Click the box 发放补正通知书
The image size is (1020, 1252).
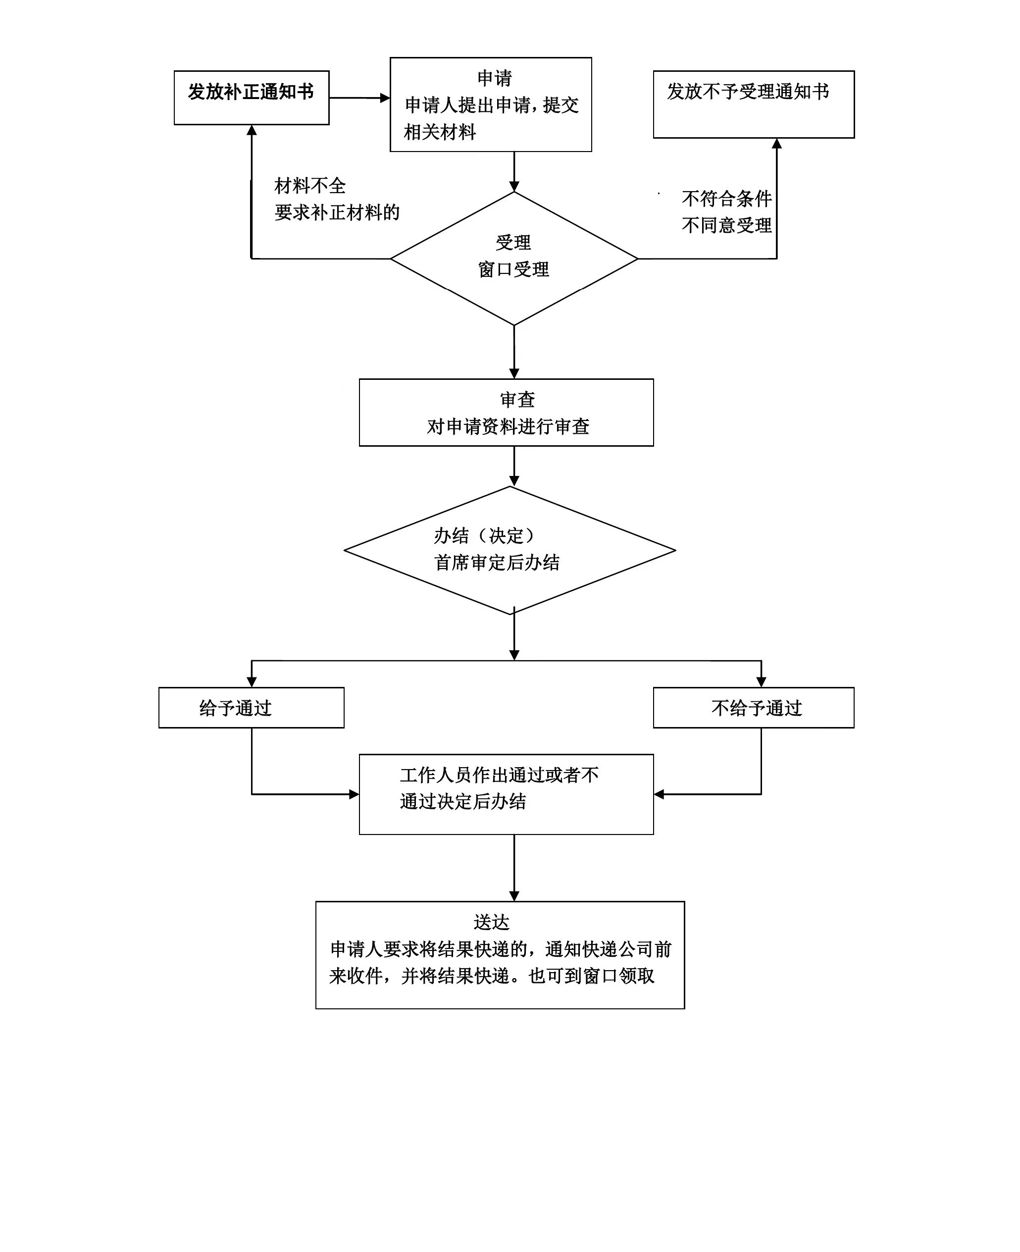click(252, 98)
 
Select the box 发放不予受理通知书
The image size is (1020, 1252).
click(754, 104)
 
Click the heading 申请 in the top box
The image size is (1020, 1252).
click(494, 78)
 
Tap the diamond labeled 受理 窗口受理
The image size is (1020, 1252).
click(514, 259)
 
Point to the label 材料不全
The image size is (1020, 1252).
click(310, 186)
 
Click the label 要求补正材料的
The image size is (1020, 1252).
click(337, 212)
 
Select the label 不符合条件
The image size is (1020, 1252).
click(727, 199)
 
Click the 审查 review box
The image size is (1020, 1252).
click(507, 413)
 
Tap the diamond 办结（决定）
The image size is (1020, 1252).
click(510, 551)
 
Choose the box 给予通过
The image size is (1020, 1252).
click(252, 708)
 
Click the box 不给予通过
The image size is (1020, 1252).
click(754, 708)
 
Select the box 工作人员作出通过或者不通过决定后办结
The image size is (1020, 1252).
click(507, 794)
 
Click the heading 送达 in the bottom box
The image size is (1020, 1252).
click(491, 922)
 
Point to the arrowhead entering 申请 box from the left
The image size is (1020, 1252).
click(385, 98)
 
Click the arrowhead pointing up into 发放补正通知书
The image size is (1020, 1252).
click(252, 130)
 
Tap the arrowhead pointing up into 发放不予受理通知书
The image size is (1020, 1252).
click(777, 143)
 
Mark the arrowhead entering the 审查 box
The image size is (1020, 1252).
click(514, 373)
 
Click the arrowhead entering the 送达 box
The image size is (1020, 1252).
click(514, 896)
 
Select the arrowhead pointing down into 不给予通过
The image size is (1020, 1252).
click(762, 682)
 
